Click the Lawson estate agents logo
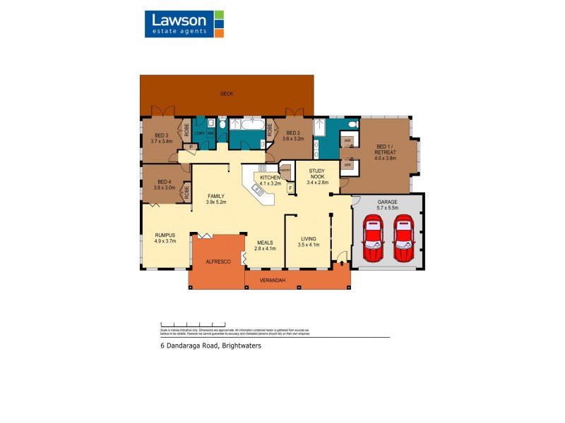click(184, 24)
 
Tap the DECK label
click(227, 93)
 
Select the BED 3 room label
click(161, 137)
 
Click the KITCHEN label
click(270, 180)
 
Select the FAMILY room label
click(215, 199)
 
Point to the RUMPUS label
click(165, 238)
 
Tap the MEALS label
click(265, 245)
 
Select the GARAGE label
click(388, 205)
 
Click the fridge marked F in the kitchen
click(290, 188)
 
